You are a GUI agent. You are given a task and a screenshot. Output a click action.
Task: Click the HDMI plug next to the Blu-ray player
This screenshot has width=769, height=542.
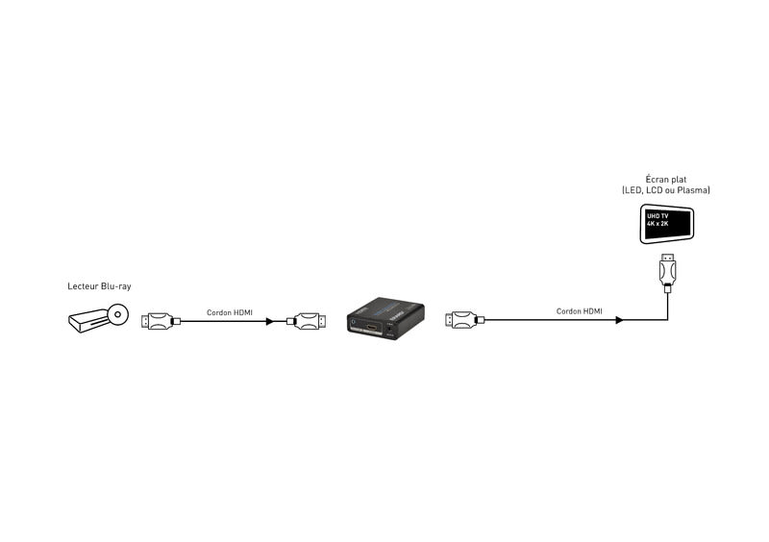click(158, 320)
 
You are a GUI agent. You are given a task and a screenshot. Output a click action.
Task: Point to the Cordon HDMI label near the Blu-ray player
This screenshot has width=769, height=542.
click(230, 311)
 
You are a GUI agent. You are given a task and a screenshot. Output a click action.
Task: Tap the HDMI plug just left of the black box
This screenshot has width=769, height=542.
click(307, 320)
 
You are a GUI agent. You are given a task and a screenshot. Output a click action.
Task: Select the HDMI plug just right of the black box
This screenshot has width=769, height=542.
click(461, 320)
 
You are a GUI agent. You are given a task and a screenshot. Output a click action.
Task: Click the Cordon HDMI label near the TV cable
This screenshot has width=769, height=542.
click(580, 311)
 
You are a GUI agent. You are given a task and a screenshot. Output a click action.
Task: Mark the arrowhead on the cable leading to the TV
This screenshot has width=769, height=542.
click(620, 320)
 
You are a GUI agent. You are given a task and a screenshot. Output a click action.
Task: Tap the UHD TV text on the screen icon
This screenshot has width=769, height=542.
click(657, 218)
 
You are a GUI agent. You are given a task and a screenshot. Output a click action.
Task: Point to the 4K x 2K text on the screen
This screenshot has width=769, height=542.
click(659, 226)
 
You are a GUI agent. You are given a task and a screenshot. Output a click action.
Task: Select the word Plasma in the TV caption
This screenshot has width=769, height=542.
click(694, 191)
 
